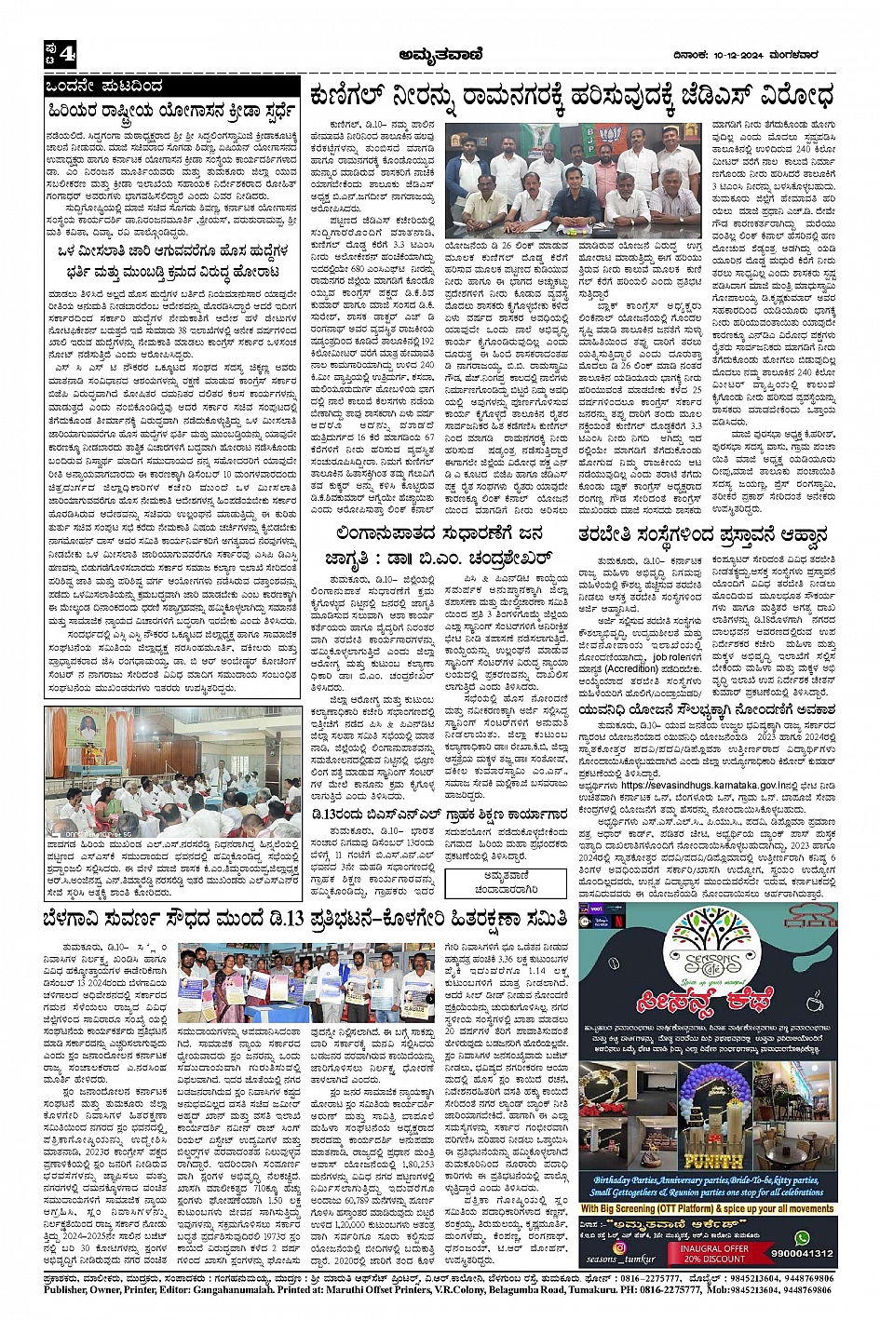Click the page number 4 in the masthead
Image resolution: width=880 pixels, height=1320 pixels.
66,55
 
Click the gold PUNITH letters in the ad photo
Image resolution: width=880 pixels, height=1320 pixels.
712,1161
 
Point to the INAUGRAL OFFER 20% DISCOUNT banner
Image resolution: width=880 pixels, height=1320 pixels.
713,1252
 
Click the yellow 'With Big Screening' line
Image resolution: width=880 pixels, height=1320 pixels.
707,1208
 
